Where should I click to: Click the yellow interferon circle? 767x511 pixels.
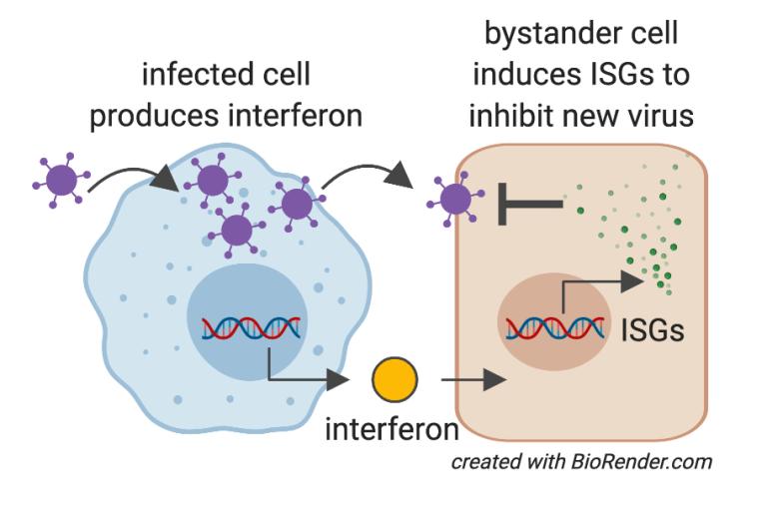[x=394, y=380]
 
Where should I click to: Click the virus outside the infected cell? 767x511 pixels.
[x=60, y=182]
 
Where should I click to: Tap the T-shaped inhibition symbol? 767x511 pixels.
[x=527, y=204]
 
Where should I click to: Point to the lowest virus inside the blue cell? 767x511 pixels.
[x=238, y=231]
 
